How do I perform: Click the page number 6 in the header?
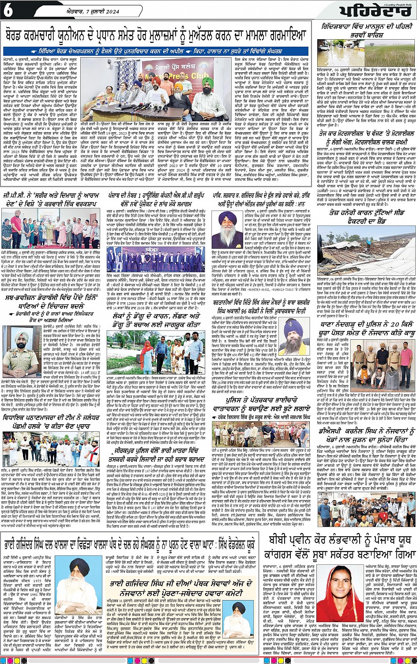(8, 11)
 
